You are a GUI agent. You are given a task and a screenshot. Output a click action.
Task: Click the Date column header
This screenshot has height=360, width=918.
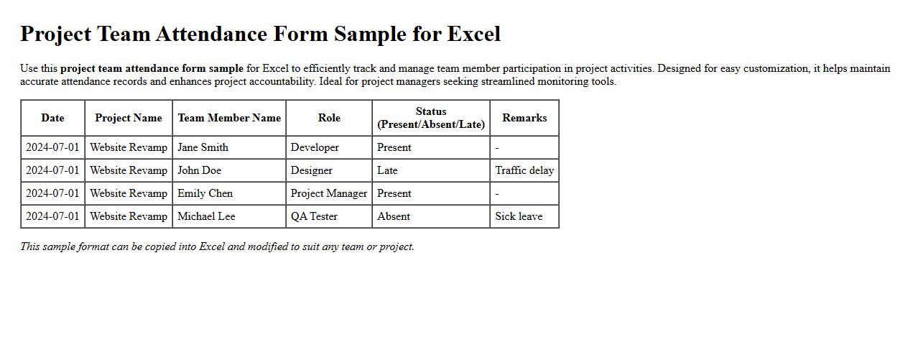(52, 118)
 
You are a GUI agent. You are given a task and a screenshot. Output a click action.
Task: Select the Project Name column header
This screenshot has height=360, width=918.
(129, 118)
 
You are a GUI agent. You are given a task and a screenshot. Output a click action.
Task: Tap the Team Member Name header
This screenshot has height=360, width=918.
(229, 118)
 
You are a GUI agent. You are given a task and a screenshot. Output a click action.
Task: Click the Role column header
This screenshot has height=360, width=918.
(329, 118)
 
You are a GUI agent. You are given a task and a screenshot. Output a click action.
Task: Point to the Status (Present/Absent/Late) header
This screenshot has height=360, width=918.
(431, 118)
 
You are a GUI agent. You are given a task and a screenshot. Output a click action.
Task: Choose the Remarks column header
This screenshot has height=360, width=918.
(524, 118)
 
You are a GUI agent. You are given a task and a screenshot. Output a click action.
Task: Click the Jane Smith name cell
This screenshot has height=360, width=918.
(203, 147)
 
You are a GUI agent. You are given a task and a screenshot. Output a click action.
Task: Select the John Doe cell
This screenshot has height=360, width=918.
(200, 170)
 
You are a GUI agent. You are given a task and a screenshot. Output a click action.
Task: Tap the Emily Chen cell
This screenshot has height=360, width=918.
(205, 193)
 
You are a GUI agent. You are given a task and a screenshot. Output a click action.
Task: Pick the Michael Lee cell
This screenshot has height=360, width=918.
(206, 216)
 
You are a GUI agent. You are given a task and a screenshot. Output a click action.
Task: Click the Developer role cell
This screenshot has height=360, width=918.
(315, 147)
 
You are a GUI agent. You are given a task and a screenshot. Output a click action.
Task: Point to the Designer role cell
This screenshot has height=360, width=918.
(312, 170)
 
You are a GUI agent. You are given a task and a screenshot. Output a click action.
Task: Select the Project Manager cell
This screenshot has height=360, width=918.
(329, 193)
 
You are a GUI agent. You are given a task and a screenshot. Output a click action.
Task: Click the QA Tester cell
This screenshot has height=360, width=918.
(314, 216)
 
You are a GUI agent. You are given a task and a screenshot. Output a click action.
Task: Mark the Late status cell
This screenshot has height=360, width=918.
(387, 170)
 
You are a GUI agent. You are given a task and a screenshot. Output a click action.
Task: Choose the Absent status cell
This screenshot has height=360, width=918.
(394, 216)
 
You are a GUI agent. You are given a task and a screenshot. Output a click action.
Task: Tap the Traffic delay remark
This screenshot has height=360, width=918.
(524, 170)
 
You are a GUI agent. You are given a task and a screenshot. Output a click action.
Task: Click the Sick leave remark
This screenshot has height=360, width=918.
(519, 216)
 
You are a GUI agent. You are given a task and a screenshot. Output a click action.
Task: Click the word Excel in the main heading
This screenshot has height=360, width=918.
(474, 34)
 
